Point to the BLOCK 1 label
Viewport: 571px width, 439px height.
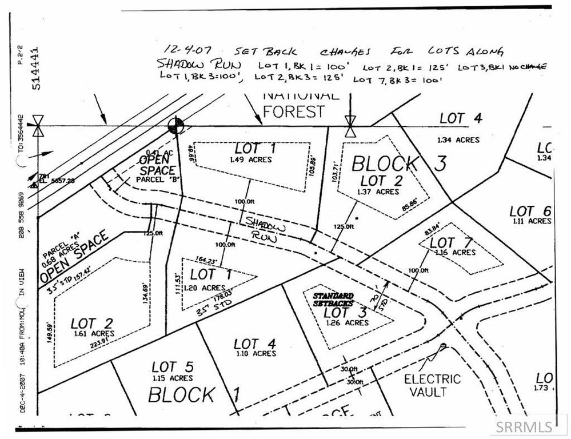click(x=191, y=394)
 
